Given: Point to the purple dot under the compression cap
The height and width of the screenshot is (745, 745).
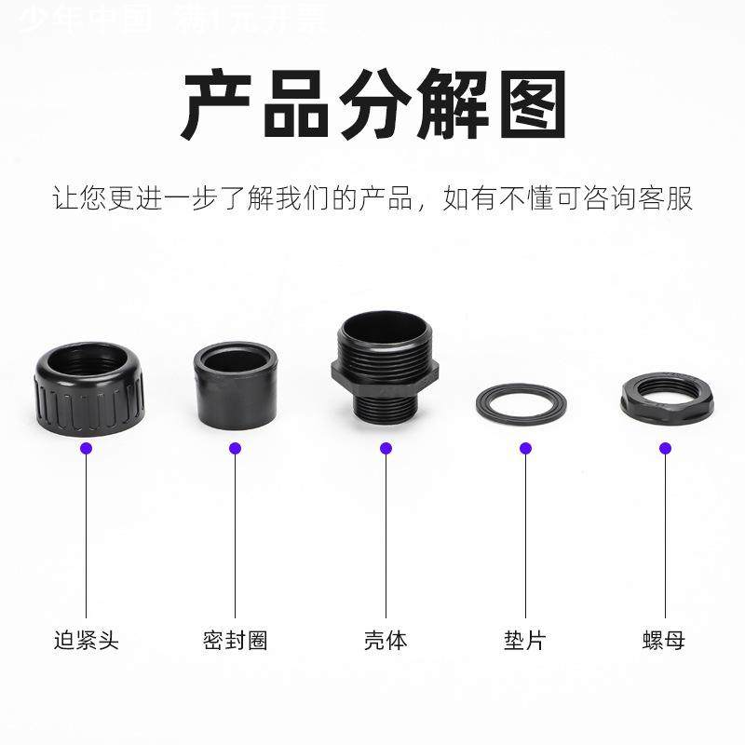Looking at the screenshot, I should click(x=87, y=448).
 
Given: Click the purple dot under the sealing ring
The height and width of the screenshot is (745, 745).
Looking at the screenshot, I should click(x=235, y=448).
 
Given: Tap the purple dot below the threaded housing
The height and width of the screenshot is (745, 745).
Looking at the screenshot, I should click(x=386, y=448).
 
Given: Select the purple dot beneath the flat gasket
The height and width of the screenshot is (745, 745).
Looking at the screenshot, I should click(x=525, y=448).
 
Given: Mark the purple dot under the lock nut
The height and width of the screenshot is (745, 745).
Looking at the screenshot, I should click(x=665, y=448).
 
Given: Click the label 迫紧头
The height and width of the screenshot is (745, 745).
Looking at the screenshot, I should click(x=87, y=641).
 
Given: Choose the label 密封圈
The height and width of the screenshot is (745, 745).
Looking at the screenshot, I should click(x=235, y=641).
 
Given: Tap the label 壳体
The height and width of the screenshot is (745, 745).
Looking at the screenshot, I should click(x=386, y=641).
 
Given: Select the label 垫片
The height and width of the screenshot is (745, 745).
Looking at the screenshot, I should click(x=525, y=641).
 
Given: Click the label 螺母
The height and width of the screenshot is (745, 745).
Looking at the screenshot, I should click(x=665, y=641).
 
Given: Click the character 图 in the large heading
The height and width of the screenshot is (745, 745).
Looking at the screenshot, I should click(x=526, y=104).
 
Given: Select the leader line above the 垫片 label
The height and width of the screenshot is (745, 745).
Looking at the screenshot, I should click(x=525, y=540).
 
